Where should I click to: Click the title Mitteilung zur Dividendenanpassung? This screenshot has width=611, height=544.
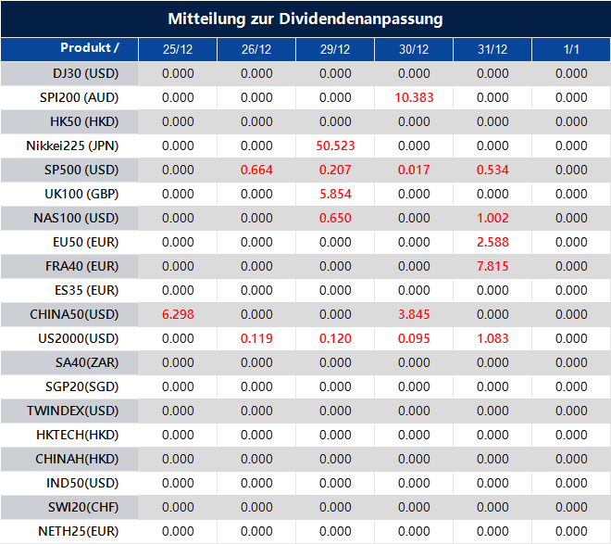(x=305, y=19)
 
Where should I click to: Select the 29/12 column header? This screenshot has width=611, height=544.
(x=335, y=49)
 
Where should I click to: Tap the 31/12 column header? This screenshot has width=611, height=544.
(x=493, y=49)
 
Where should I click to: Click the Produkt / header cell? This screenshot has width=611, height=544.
(x=90, y=48)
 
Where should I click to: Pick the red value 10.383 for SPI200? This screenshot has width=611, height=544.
(x=414, y=97)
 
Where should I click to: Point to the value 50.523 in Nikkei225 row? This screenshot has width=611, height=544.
(x=335, y=145)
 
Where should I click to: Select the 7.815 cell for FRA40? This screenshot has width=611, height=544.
(x=493, y=266)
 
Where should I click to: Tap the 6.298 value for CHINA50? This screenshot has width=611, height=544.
(x=178, y=314)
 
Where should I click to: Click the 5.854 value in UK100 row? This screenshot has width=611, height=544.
(x=335, y=194)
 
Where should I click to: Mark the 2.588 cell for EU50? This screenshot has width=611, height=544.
(x=493, y=242)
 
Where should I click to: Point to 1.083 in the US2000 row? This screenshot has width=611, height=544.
(x=493, y=338)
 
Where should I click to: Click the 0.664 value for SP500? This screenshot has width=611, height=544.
(x=256, y=170)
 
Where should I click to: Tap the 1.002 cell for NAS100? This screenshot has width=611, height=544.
(x=493, y=218)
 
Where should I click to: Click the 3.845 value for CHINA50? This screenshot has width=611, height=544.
(x=414, y=314)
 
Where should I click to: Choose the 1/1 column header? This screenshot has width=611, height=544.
(x=571, y=49)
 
